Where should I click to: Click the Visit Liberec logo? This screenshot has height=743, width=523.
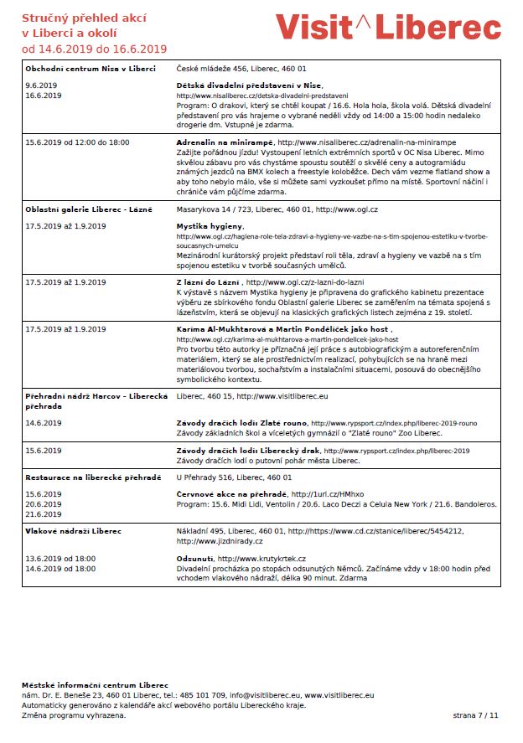click(x=388, y=28)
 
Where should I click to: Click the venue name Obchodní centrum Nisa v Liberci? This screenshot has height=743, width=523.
click(x=90, y=68)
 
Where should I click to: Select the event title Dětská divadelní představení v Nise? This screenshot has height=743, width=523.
click(x=249, y=85)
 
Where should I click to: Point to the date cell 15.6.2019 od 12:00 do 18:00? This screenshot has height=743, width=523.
click(x=77, y=142)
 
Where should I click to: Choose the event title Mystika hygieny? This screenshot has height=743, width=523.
click(x=210, y=226)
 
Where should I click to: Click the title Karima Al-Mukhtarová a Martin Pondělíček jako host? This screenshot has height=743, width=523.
click(x=282, y=329)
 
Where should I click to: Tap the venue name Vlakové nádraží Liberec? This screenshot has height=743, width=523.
click(x=73, y=531)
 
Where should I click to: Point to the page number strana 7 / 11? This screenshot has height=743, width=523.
click(x=474, y=715)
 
